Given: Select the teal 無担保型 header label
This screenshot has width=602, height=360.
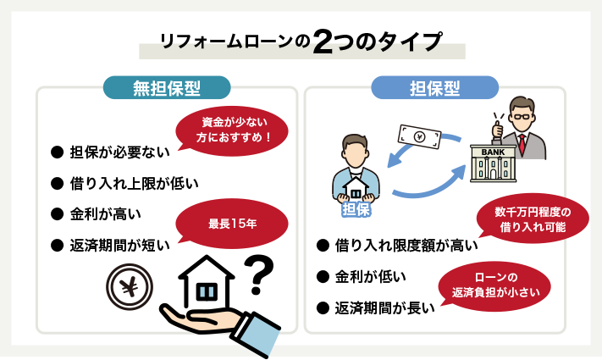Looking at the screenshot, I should click(x=167, y=87).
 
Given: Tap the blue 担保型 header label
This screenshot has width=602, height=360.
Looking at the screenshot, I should click(x=434, y=87).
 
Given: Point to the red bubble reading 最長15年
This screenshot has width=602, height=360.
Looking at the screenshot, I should click(x=232, y=224).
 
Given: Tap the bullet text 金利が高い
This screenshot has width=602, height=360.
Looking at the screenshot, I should click(x=106, y=214).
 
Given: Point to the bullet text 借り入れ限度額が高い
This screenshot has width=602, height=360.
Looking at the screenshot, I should click(x=406, y=246).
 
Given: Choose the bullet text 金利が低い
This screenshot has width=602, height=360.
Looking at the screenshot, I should click(x=371, y=276).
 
